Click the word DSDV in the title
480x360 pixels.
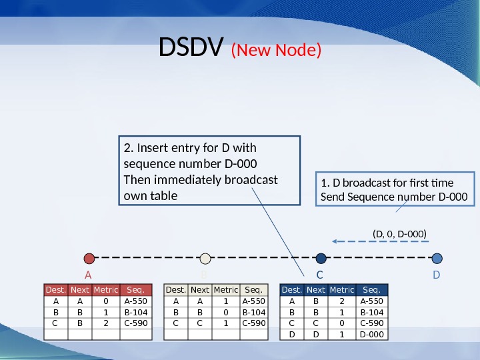click(x=192, y=47)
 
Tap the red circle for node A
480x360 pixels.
click(x=89, y=258)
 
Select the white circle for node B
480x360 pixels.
click(x=205, y=258)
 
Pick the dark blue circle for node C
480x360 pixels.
click(x=321, y=258)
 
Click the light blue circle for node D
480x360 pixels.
click(x=437, y=258)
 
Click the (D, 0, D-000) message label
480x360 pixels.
click(x=398, y=233)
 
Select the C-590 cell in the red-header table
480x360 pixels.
click(x=135, y=323)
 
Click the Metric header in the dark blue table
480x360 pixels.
click(x=342, y=290)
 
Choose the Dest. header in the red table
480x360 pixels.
click(x=55, y=290)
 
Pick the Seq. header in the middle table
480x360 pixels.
click(x=253, y=290)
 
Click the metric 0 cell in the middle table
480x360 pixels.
click(x=226, y=312)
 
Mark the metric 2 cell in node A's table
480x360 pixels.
click(x=105, y=323)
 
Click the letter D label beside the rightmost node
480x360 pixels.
click(x=437, y=275)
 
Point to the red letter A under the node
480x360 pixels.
click(x=87, y=275)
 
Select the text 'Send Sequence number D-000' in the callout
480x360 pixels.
click(x=394, y=197)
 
